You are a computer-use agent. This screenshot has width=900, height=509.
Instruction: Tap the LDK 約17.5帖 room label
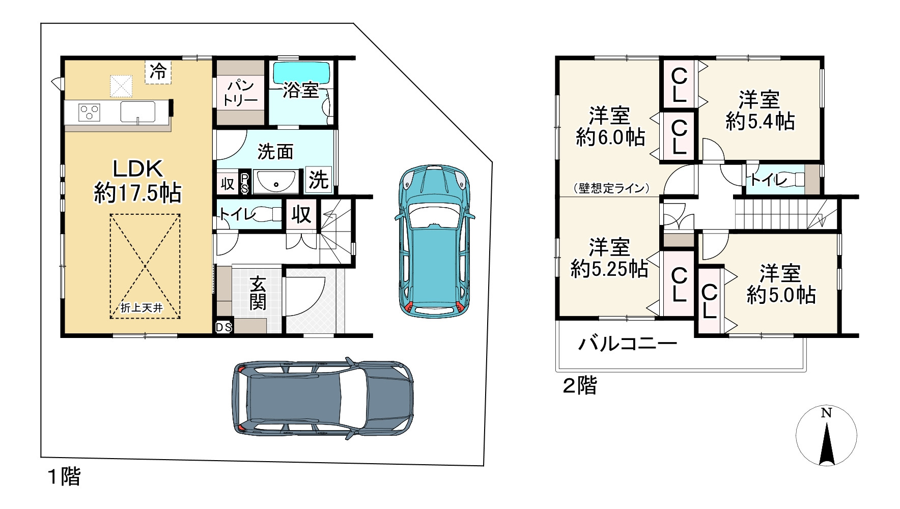coord(137,181)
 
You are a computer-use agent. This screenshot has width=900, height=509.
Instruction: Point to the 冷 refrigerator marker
coord(158,72)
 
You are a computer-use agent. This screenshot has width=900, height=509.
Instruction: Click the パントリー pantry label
coord(240,93)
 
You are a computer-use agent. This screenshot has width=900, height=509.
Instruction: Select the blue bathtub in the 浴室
coord(301,72)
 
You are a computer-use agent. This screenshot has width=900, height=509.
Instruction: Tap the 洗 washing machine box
coord(319,180)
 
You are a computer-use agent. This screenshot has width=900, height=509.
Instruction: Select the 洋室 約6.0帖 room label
coord(610,127)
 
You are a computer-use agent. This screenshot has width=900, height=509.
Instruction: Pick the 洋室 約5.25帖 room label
coord(609,258)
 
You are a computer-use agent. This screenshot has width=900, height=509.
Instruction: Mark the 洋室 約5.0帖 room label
coord(781,284)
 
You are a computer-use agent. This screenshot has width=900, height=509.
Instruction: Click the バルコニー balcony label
coord(627,345)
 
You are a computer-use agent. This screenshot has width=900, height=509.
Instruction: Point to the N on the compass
coord(826,413)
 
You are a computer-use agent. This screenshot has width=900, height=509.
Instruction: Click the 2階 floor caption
coord(579,385)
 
